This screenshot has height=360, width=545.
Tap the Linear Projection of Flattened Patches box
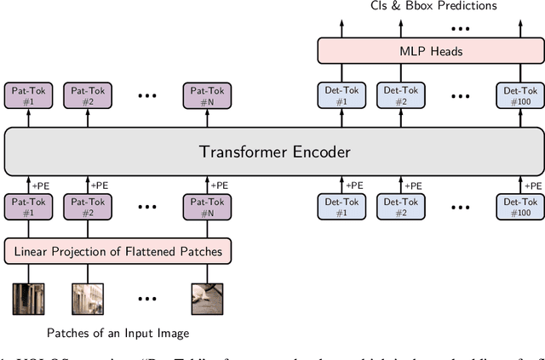(x=118, y=251)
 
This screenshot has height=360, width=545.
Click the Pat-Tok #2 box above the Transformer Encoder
(x=89, y=94)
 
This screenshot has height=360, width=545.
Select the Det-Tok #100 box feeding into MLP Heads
(x=519, y=94)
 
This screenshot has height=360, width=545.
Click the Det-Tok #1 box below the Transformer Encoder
(x=341, y=208)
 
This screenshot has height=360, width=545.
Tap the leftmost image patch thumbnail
(x=28, y=298)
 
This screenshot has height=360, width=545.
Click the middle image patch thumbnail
(x=88, y=298)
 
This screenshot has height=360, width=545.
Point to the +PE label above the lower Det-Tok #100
(x=534, y=186)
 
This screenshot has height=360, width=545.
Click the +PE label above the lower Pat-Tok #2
(x=100, y=186)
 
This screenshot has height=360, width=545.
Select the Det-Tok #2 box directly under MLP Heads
(x=401, y=94)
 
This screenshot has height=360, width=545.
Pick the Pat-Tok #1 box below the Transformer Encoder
(x=28, y=208)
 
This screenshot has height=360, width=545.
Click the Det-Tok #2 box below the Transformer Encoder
(x=401, y=208)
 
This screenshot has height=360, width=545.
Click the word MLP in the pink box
(x=409, y=51)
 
